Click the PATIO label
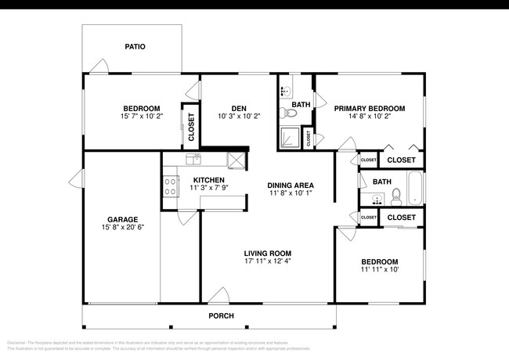click(x=135, y=47)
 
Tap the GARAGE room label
click(x=123, y=219)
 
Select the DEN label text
click(x=239, y=108)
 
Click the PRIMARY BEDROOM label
click(x=369, y=108)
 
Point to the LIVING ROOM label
click(x=268, y=253)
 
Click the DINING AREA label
click(x=291, y=185)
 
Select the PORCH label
click(x=221, y=316)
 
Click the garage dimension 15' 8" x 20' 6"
click(x=123, y=228)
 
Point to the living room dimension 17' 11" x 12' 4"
click(x=268, y=261)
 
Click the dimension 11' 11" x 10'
click(x=379, y=270)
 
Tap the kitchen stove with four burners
click(x=169, y=186)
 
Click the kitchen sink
click(x=193, y=159)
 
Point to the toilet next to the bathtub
click(x=396, y=195)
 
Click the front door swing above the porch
click(x=220, y=297)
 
